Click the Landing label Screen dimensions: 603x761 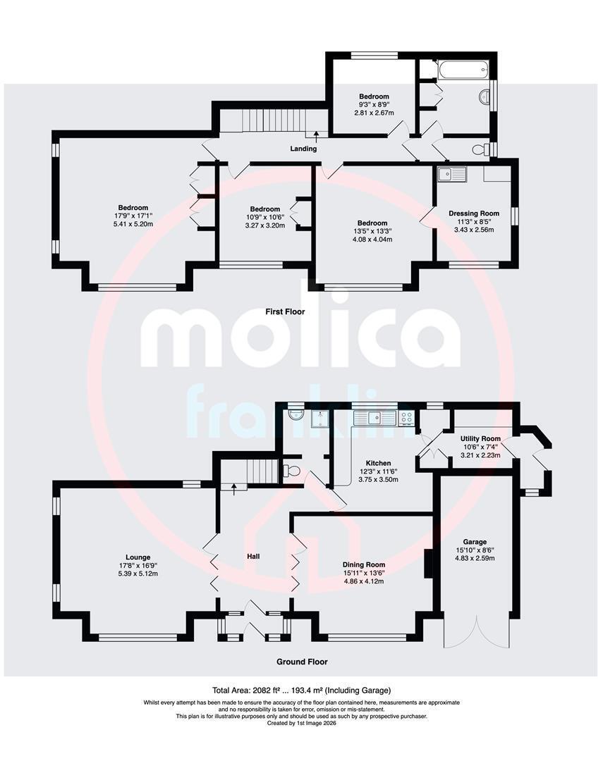(303, 149)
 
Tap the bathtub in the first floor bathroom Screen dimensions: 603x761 (463, 70)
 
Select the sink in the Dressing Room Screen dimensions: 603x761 (451, 174)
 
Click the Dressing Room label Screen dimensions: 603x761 (474, 213)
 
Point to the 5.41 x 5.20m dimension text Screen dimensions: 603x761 (133, 224)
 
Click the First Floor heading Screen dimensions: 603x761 (285, 311)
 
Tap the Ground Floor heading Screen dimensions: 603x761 (302, 662)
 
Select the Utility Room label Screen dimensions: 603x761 (480, 439)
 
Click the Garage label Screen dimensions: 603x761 (475, 542)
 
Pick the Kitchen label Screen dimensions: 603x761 (379, 463)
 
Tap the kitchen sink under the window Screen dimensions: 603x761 (376, 418)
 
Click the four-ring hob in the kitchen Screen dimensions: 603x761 (407, 418)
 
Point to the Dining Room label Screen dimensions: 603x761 (364, 564)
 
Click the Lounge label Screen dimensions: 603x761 (138, 557)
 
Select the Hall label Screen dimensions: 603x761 (253, 556)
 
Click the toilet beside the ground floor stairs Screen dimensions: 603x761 (291, 471)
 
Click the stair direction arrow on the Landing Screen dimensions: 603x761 (317, 135)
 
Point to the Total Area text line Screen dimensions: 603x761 (301, 690)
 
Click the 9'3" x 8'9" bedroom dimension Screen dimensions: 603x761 (374, 104)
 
